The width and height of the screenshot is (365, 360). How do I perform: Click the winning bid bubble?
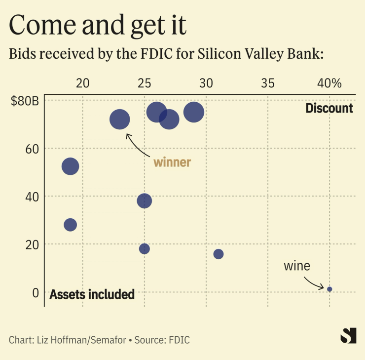click(x=119, y=120)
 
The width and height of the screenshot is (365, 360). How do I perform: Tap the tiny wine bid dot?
click(x=329, y=289)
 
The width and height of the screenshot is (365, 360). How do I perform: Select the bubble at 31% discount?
click(x=219, y=254)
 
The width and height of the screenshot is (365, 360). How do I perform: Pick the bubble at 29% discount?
click(x=194, y=112)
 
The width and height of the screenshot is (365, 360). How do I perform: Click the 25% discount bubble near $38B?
click(x=144, y=200)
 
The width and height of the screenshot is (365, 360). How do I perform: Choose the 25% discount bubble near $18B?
click(x=144, y=248)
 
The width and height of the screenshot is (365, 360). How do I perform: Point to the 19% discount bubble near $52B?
click(x=71, y=166)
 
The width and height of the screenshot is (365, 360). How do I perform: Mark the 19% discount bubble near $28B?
click(x=71, y=225)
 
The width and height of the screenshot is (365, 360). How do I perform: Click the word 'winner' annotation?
click(x=172, y=162)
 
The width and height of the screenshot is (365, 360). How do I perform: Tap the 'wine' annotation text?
click(x=297, y=266)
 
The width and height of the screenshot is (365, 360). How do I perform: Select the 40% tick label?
click(x=329, y=83)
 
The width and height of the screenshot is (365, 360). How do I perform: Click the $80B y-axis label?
click(x=25, y=102)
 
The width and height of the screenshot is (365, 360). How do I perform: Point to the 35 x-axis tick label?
click(x=267, y=83)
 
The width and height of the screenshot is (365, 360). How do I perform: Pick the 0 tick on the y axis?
click(x=35, y=292)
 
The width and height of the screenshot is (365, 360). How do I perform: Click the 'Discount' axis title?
click(x=329, y=108)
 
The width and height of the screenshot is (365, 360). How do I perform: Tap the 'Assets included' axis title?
click(x=92, y=295)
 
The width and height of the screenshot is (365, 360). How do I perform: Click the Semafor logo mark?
click(x=348, y=336)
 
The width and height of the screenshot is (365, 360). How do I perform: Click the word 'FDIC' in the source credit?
click(x=179, y=340)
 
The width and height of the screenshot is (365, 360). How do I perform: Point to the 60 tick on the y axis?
click(x=32, y=149)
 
